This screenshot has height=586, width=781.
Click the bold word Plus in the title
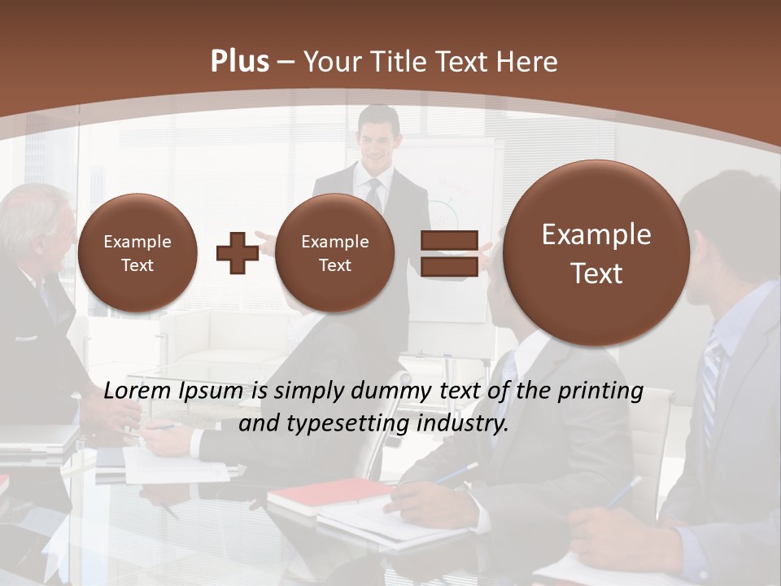click(240, 62)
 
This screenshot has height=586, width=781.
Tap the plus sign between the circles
click(238, 252)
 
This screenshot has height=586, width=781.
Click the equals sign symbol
click(449, 253)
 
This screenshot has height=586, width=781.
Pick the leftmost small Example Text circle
click(137, 252)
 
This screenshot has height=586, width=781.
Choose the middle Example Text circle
click(334, 252)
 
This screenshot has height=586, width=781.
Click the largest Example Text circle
click(596, 253)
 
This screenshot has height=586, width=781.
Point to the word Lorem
click(137, 391)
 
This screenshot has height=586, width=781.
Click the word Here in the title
click(529, 62)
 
